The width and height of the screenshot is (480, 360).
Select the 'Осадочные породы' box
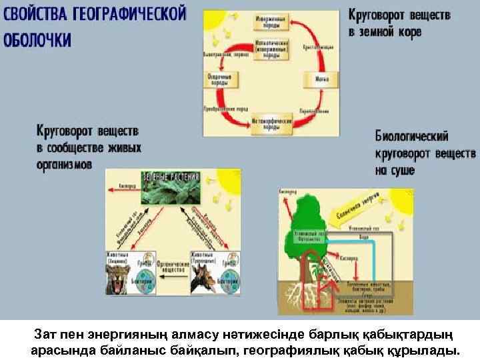coord(219,79)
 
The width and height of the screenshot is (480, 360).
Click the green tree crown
coord(308,220)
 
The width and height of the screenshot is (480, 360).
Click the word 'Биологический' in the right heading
coord(411,139)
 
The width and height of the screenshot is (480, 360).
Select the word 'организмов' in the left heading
coord(65,163)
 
